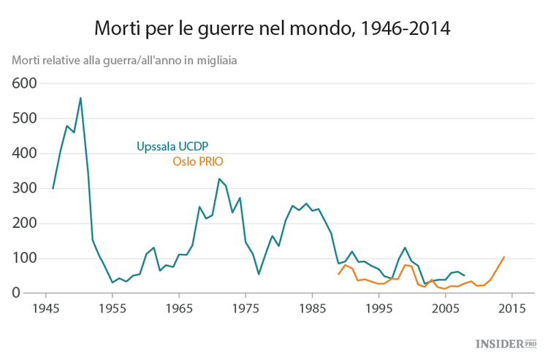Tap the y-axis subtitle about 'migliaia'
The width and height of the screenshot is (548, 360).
tap(123, 60)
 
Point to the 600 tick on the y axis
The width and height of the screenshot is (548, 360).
tap(25, 83)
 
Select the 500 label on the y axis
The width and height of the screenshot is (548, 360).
tap(25, 118)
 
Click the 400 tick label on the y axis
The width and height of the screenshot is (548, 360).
tap(25, 153)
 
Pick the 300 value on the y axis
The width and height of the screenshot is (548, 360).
tap(25, 188)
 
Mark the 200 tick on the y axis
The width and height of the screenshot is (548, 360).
tap(25, 223)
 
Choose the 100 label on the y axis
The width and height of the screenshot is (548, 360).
tap(25, 258)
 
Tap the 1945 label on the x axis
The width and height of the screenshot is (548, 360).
tap(46, 308)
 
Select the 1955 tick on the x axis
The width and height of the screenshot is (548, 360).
tap(113, 308)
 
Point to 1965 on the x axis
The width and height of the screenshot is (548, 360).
tap(179, 308)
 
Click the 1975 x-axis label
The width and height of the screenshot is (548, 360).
tap(246, 308)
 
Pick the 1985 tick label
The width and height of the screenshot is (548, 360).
tap(312, 308)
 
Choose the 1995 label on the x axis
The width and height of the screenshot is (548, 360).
tap(378, 308)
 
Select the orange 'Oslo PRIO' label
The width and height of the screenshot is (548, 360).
tap(197, 161)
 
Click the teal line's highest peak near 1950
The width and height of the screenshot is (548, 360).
tap(80, 98)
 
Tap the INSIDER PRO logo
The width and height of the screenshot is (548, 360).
tap(505, 343)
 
